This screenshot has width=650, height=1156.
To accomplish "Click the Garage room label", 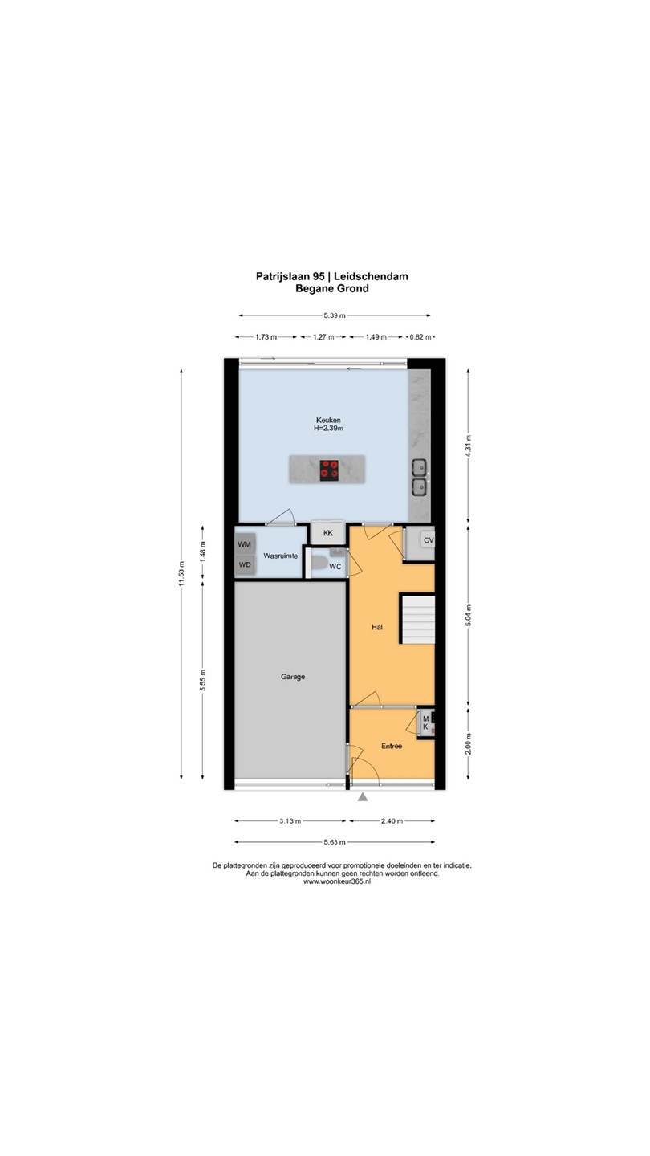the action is [292, 677].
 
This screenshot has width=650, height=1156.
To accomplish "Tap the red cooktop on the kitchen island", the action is [329, 470].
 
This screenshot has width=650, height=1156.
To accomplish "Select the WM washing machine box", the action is [245, 544].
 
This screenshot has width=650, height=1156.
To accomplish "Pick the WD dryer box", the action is [245, 565].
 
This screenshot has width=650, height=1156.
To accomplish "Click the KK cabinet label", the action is [328, 533].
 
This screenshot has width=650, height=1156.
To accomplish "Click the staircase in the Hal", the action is [418, 619].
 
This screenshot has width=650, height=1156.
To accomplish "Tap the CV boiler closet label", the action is [429, 540].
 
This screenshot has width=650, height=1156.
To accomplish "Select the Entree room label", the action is [392, 746].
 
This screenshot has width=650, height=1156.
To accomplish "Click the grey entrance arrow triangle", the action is [363, 798].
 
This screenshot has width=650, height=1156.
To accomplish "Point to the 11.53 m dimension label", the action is [181, 574].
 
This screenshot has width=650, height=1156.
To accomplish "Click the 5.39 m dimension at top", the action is [335, 315].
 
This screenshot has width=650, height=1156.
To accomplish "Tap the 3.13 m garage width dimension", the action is [290, 820].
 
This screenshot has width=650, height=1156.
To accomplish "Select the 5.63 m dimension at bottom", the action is [335, 841].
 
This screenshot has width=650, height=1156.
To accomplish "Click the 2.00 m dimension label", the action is [468, 743].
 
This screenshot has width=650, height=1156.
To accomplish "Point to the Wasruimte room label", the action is [281, 556].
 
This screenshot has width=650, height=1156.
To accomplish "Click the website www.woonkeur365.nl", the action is [337, 881].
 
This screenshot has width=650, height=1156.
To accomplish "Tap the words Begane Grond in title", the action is [332, 288].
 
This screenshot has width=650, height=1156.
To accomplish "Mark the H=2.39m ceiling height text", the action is [329, 429].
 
